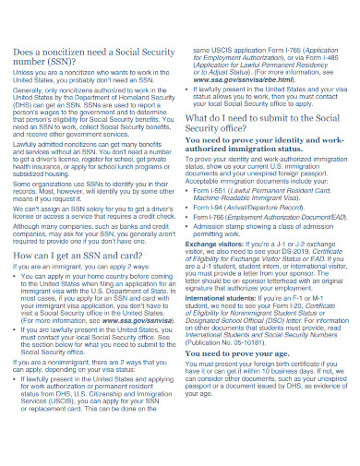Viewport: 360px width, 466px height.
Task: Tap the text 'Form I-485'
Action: coord(305,55)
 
